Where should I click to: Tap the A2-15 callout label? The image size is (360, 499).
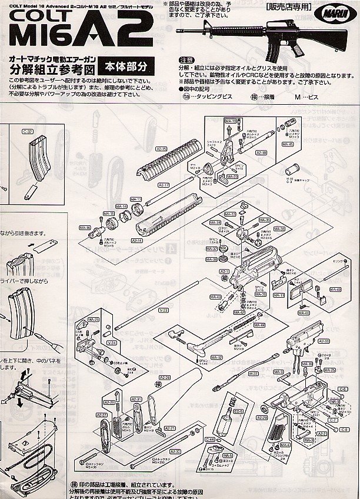pyautogui.click(x=161, y=148)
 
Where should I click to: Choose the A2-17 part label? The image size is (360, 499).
pyautogui.click(x=164, y=185)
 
